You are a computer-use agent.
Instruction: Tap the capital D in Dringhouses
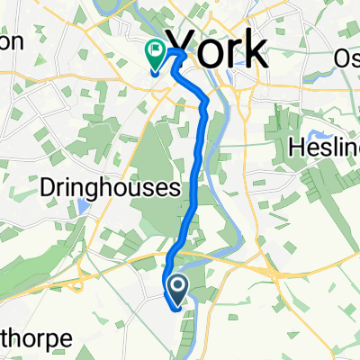tap(49, 187)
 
